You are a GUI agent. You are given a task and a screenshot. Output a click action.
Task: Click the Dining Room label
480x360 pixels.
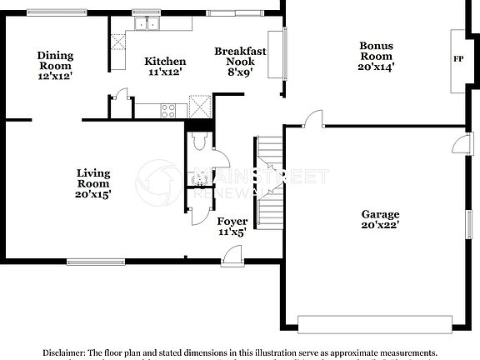55,61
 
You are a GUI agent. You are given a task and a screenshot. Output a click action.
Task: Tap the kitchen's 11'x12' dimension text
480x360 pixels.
165,73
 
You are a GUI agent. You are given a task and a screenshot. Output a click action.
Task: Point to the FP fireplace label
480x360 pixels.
457,59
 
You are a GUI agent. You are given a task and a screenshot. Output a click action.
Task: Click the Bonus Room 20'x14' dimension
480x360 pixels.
377,67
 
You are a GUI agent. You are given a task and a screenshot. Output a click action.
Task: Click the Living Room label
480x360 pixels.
93,178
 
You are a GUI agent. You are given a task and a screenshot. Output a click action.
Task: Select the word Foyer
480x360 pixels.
232,221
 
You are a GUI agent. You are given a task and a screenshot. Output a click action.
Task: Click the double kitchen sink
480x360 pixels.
148,24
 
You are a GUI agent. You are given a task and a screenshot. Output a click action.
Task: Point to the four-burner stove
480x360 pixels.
167,107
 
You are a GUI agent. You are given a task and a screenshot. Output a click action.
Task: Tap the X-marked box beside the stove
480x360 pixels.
199,106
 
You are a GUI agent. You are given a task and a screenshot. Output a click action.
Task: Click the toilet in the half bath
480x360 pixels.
197,142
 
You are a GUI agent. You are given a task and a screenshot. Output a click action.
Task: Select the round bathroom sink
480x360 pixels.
198,177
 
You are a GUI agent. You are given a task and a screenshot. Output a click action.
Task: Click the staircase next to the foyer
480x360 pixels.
270,179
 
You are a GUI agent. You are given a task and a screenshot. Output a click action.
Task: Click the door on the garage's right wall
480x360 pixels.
458,146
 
